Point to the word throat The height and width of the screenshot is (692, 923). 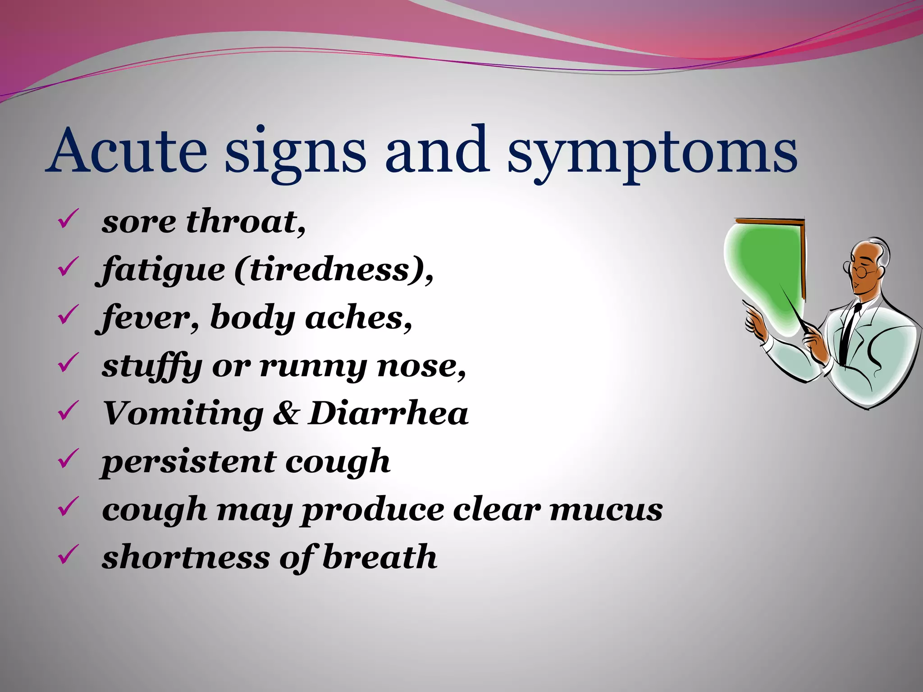click(246, 222)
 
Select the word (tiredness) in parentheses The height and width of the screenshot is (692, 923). click(334, 270)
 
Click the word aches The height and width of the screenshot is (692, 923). click(358, 318)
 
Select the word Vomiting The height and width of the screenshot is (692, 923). click(183, 414)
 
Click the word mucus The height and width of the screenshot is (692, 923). click(606, 510)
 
